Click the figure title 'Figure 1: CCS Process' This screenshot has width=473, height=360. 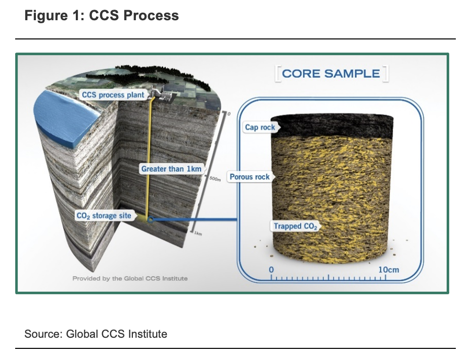(x=102, y=16)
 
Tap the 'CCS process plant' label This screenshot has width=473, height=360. (x=113, y=95)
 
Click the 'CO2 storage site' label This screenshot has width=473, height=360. (x=104, y=216)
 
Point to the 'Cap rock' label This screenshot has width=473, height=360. (x=260, y=127)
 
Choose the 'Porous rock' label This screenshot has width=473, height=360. (x=250, y=177)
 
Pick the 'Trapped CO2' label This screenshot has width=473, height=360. (x=296, y=226)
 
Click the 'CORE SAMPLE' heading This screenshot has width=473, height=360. (x=331, y=73)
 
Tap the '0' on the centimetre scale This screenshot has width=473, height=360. (x=271, y=269)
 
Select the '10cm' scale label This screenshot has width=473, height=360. (x=388, y=269)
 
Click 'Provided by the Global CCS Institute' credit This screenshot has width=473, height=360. (x=130, y=279)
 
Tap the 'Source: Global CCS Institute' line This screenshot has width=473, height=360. (x=96, y=334)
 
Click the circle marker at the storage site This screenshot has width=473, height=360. (x=150, y=219)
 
